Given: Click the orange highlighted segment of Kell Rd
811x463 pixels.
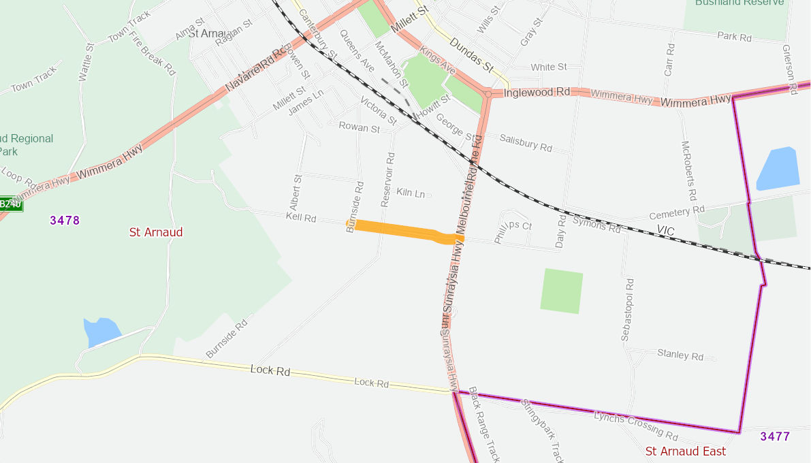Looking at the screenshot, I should (x=398, y=230).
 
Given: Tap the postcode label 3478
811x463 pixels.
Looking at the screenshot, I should (x=65, y=220).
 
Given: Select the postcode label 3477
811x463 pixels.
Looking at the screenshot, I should (x=775, y=436).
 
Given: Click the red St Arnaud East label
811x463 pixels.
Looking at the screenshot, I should (x=685, y=451).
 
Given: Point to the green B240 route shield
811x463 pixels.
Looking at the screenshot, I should (x=11, y=204).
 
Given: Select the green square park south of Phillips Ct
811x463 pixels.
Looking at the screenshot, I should (x=562, y=291).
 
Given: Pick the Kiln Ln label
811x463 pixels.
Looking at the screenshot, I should (x=411, y=193).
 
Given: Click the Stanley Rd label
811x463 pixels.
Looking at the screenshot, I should (x=680, y=354).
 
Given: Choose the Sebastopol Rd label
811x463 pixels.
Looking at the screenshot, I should (x=627, y=310).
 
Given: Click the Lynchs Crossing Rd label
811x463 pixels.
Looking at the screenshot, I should (x=636, y=426).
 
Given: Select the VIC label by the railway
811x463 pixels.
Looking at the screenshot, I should (x=665, y=231).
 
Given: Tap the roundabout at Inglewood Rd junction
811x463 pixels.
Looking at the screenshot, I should (x=488, y=94).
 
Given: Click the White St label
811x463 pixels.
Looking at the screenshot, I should (x=549, y=67).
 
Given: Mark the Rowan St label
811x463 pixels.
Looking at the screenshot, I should (x=359, y=127).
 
